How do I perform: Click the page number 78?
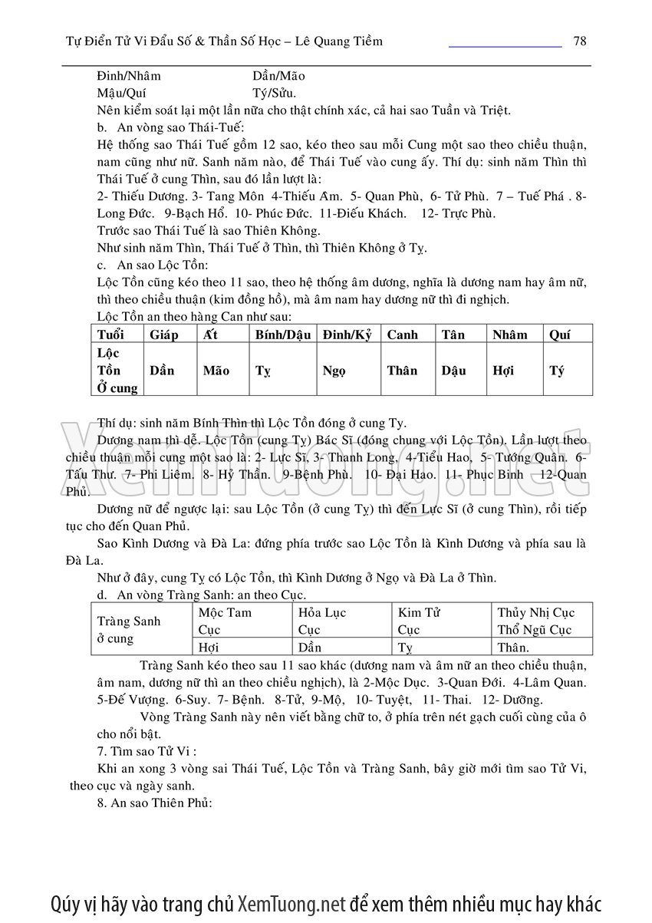click(580, 41)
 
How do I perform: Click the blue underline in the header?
click(505, 47)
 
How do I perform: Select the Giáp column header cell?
click(164, 335)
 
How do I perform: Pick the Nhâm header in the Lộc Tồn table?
click(510, 335)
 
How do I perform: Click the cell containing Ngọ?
click(334, 371)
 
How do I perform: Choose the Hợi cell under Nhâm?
click(503, 371)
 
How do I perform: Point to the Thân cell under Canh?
click(402, 371)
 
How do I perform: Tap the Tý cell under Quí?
click(557, 371)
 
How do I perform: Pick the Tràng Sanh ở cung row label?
click(129, 629)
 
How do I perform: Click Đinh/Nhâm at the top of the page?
click(130, 76)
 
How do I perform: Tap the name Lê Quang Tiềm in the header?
click(336, 41)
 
